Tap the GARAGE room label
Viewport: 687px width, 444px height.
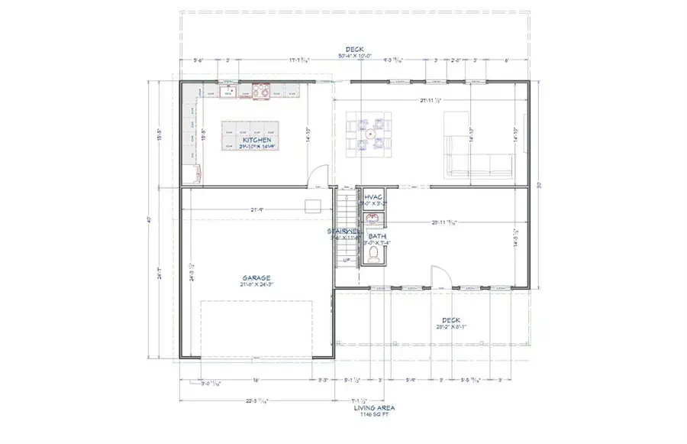pyautogui.click(x=258, y=278)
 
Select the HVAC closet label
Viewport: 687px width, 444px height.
pyautogui.click(x=373, y=197)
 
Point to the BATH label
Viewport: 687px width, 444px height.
pyautogui.click(x=377, y=237)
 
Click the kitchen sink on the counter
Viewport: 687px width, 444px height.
pyautogui.click(x=227, y=92)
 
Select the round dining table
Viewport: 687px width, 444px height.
pyautogui.click(x=369, y=134)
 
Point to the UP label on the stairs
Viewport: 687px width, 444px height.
pyautogui.click(x=346, y=261)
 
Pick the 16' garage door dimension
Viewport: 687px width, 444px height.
pyautogui.click(x=256, y=380)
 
